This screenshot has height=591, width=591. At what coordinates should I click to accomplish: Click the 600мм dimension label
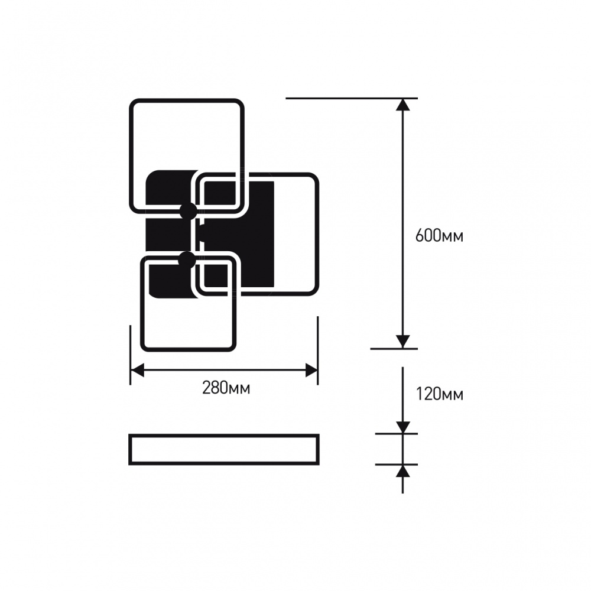click(x=439, y=236)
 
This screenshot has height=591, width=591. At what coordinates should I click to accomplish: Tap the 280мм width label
click(x=226, y=388)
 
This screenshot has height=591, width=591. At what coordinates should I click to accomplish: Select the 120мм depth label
click(x=440, y=395)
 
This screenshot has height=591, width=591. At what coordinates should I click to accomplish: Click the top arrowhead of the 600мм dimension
click(x=403, y=105)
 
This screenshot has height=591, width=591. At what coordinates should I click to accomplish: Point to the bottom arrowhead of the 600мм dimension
click(x=403, y=342)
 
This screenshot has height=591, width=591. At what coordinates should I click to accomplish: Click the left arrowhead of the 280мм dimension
click(x=137, y=371)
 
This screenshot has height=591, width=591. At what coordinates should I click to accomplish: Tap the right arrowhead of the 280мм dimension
click(x=311, y=371)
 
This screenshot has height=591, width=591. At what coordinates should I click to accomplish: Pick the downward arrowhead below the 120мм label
click(x=403, y=428)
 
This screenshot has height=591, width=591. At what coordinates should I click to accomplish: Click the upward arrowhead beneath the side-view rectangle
click(x=403, y=471)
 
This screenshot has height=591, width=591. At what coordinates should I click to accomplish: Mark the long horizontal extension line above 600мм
click(x=352, y=98)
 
